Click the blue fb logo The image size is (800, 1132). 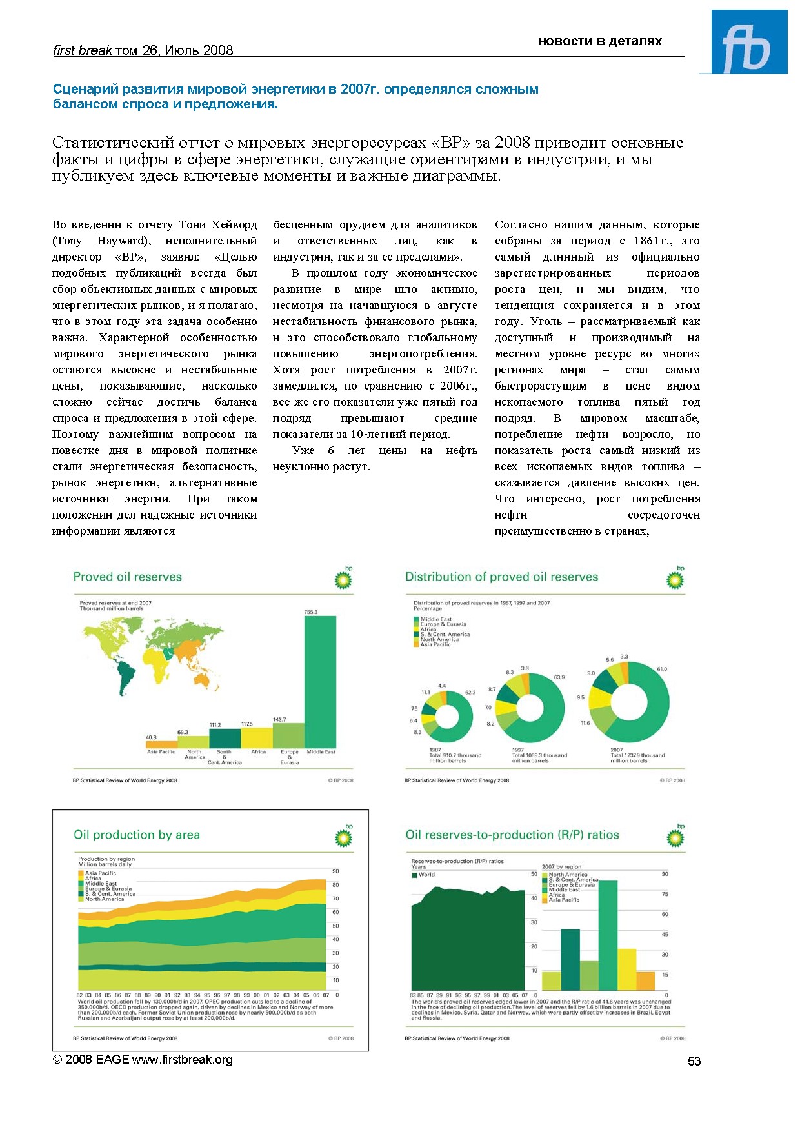(x=749, y=43)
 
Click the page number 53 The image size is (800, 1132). (x=694, y=1061)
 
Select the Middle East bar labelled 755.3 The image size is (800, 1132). (x=320, y=681)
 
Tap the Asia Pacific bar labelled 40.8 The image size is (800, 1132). (x=161, y=744)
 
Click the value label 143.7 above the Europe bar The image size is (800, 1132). (x=279, y=719)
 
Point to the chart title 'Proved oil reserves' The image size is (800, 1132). (x=128, y=577)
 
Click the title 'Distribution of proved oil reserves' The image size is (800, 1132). (x=501, y=577)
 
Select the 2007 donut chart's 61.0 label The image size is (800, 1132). (x=661, y=669)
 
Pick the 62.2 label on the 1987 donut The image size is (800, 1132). (x=470, y=692)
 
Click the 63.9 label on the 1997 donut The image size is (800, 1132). (x=559, y=677)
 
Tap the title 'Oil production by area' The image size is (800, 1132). (x=137, y=835)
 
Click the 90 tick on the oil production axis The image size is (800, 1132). (x=335, y=871)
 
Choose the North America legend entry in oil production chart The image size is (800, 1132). (x=105, y=899)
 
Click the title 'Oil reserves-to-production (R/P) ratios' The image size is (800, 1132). (x=512, y=835)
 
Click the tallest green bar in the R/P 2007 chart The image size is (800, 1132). (x=608, y=935)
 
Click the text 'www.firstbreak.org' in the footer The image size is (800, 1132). (x=183, y=1060)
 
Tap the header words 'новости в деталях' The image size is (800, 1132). (x=599, y=41)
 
